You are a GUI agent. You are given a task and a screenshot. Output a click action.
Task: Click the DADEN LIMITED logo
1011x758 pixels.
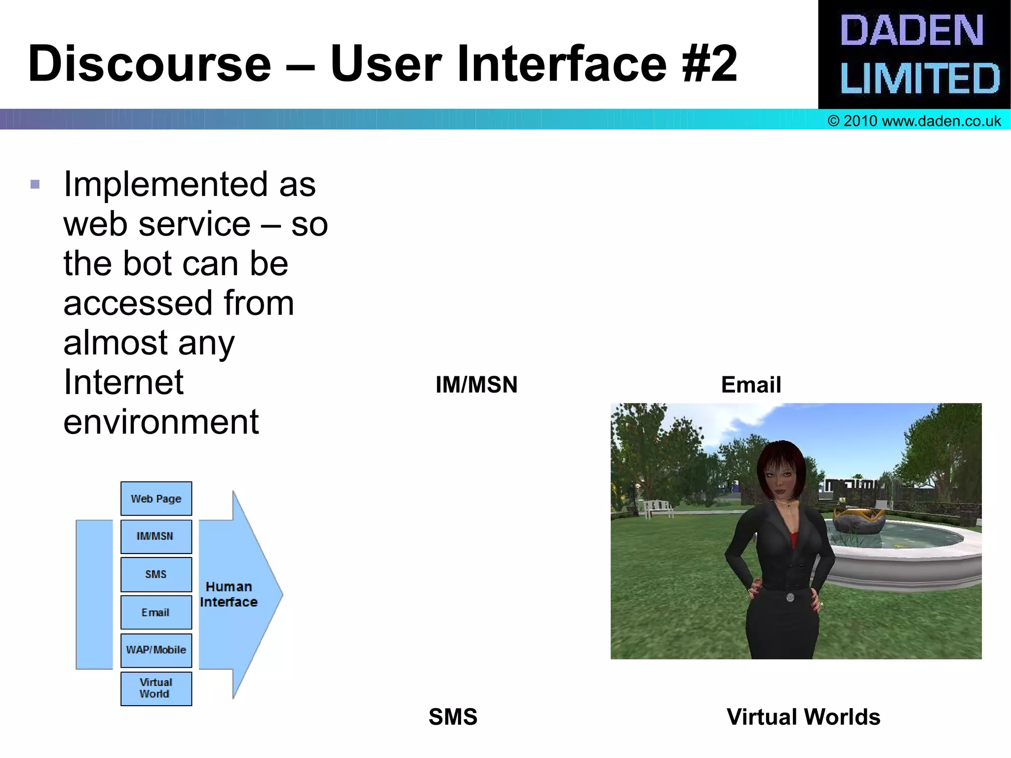click(914, 54)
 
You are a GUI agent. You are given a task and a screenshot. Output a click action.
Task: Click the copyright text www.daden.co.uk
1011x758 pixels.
click(914, 121)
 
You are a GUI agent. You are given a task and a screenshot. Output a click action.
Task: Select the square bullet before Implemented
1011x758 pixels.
click(35, 185)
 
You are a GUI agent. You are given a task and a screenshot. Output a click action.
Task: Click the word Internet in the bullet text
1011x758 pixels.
click(123, 382)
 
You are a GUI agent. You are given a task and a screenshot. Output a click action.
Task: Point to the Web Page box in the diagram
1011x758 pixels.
click(156, 499)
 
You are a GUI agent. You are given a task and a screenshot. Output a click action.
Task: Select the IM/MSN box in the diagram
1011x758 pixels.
click(156, 536)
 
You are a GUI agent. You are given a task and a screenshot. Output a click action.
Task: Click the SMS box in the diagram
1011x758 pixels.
click(156, 574)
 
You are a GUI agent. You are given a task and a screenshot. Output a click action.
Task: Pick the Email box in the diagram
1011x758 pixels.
click(156, 612)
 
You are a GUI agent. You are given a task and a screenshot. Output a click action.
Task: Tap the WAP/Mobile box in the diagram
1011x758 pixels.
click(156, 650)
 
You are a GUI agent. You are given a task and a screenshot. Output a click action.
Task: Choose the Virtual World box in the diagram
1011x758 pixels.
click(156, 688)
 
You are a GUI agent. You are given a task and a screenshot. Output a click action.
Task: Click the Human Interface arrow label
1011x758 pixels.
click(229, 594)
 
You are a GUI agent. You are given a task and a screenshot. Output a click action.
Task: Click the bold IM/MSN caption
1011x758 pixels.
click(476, 385)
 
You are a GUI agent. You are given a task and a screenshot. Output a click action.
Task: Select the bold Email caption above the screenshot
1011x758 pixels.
click(751, 385)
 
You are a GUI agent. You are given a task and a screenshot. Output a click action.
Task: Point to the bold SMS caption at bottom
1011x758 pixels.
click(453, 717)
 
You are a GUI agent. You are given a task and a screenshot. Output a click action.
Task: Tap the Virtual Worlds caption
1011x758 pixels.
click(803, 717)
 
